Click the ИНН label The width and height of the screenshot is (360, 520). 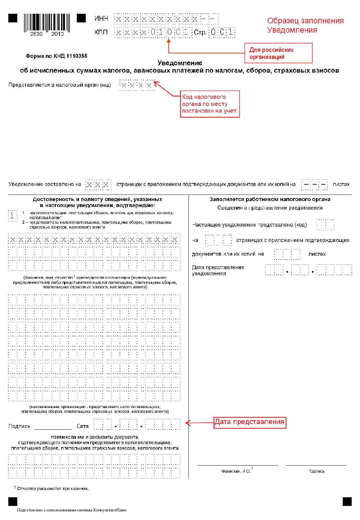coord(101,19)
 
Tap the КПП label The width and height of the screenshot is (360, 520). coord(101,32)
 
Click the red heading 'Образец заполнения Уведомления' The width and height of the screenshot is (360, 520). coord(305,25)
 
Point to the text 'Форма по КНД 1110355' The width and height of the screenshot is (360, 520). coord(56,56)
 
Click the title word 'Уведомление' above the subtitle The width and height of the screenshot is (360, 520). coord(180,63)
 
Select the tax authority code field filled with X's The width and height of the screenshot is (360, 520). coord(137,85)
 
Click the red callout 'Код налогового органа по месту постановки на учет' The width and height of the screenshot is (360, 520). coord(210,104)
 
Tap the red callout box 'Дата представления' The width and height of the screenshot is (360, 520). coord(250,422)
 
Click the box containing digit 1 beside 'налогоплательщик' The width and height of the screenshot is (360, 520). coord(12,215)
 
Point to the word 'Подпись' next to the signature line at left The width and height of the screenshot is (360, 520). coord(19,426)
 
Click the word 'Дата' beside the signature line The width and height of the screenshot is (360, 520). coord(82,426)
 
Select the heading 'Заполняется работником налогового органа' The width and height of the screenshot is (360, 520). coord(270,199)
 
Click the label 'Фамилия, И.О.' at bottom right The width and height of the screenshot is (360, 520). coord(236,471)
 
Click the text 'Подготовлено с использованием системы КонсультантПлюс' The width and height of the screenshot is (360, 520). coord(72,510)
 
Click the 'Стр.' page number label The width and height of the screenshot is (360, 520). coord(200,32)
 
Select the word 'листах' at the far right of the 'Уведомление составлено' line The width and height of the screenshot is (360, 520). coord(341,184)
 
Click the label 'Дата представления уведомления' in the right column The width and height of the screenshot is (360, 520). coord(218,270)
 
